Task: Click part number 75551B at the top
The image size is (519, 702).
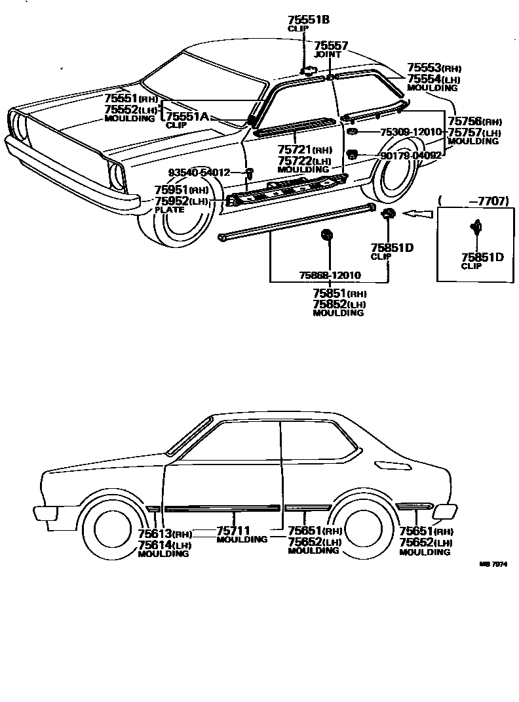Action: coord(308,20)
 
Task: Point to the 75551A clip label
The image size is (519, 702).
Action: coord(187,116)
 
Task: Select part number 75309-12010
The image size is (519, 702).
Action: coord(411,132)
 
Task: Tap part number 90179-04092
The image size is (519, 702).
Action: coord(411,155)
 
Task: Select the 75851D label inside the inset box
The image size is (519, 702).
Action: coord(482,257)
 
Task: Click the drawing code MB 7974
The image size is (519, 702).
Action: coord(493,564)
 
